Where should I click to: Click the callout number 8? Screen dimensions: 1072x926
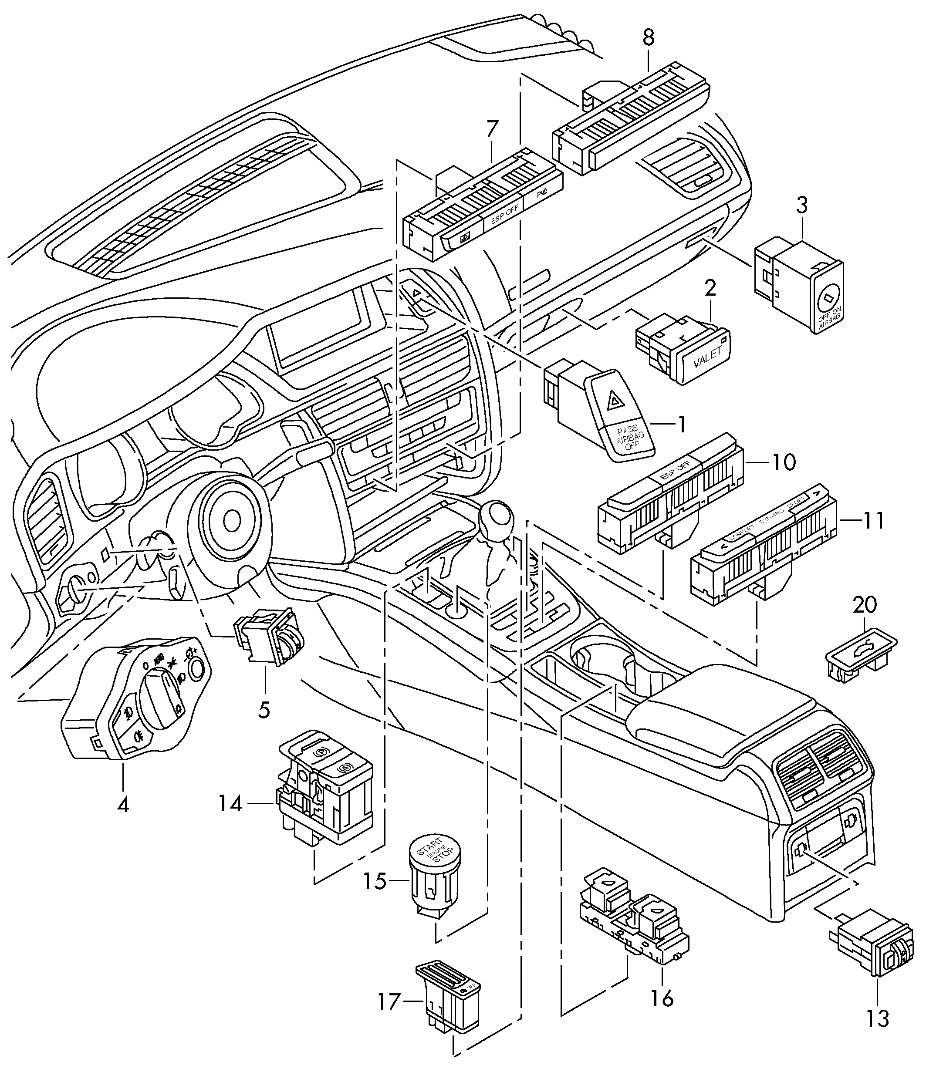649,37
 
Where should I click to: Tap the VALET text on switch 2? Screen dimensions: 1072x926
706,357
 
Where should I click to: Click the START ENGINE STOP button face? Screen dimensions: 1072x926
435,850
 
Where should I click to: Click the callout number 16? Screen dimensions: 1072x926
662,998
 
